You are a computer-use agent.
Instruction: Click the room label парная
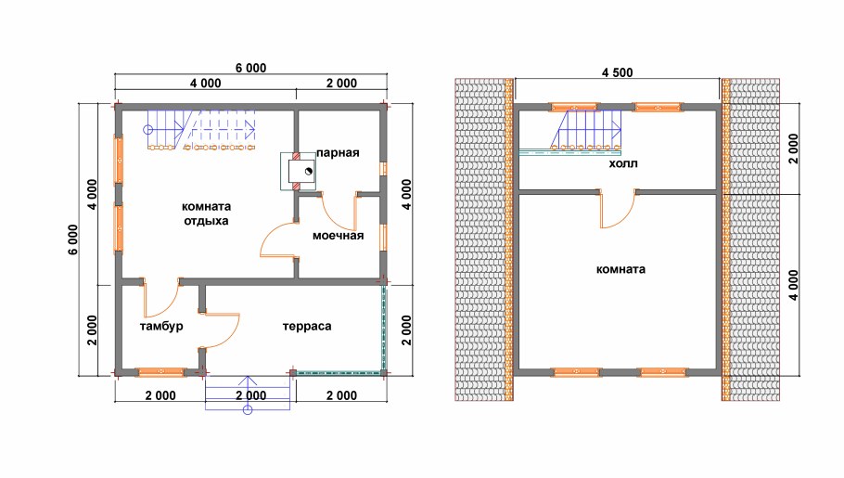click(337, 153)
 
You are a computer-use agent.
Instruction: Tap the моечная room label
click(336, 236)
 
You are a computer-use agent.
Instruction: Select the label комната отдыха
click(206, 213)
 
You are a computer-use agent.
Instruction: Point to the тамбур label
click(161, 327)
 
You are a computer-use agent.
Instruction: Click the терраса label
click(307, 327)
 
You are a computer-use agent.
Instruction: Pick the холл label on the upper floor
click(622, 164)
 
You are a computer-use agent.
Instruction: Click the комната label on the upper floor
click(620, 270)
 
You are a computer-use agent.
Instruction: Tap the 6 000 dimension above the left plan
click(250, 67)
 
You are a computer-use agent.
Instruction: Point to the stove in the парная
click(300, 172)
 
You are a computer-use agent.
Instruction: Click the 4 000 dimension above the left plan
click(205, 84)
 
